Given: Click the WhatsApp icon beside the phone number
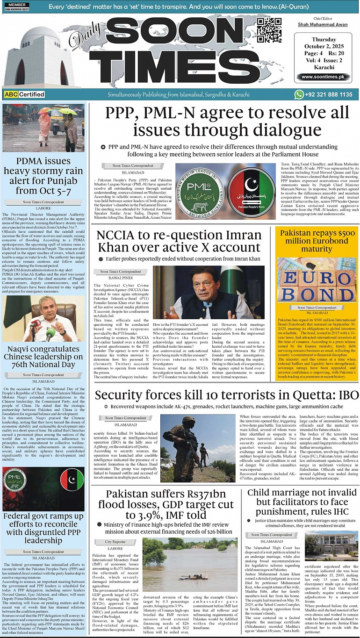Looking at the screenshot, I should click(x=299, y=94).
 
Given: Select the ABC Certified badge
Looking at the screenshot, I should click(x=24, y=94).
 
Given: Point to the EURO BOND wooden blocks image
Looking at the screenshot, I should click(x=317, y=280).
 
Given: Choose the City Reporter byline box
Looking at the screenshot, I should click(x=115, y=542).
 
